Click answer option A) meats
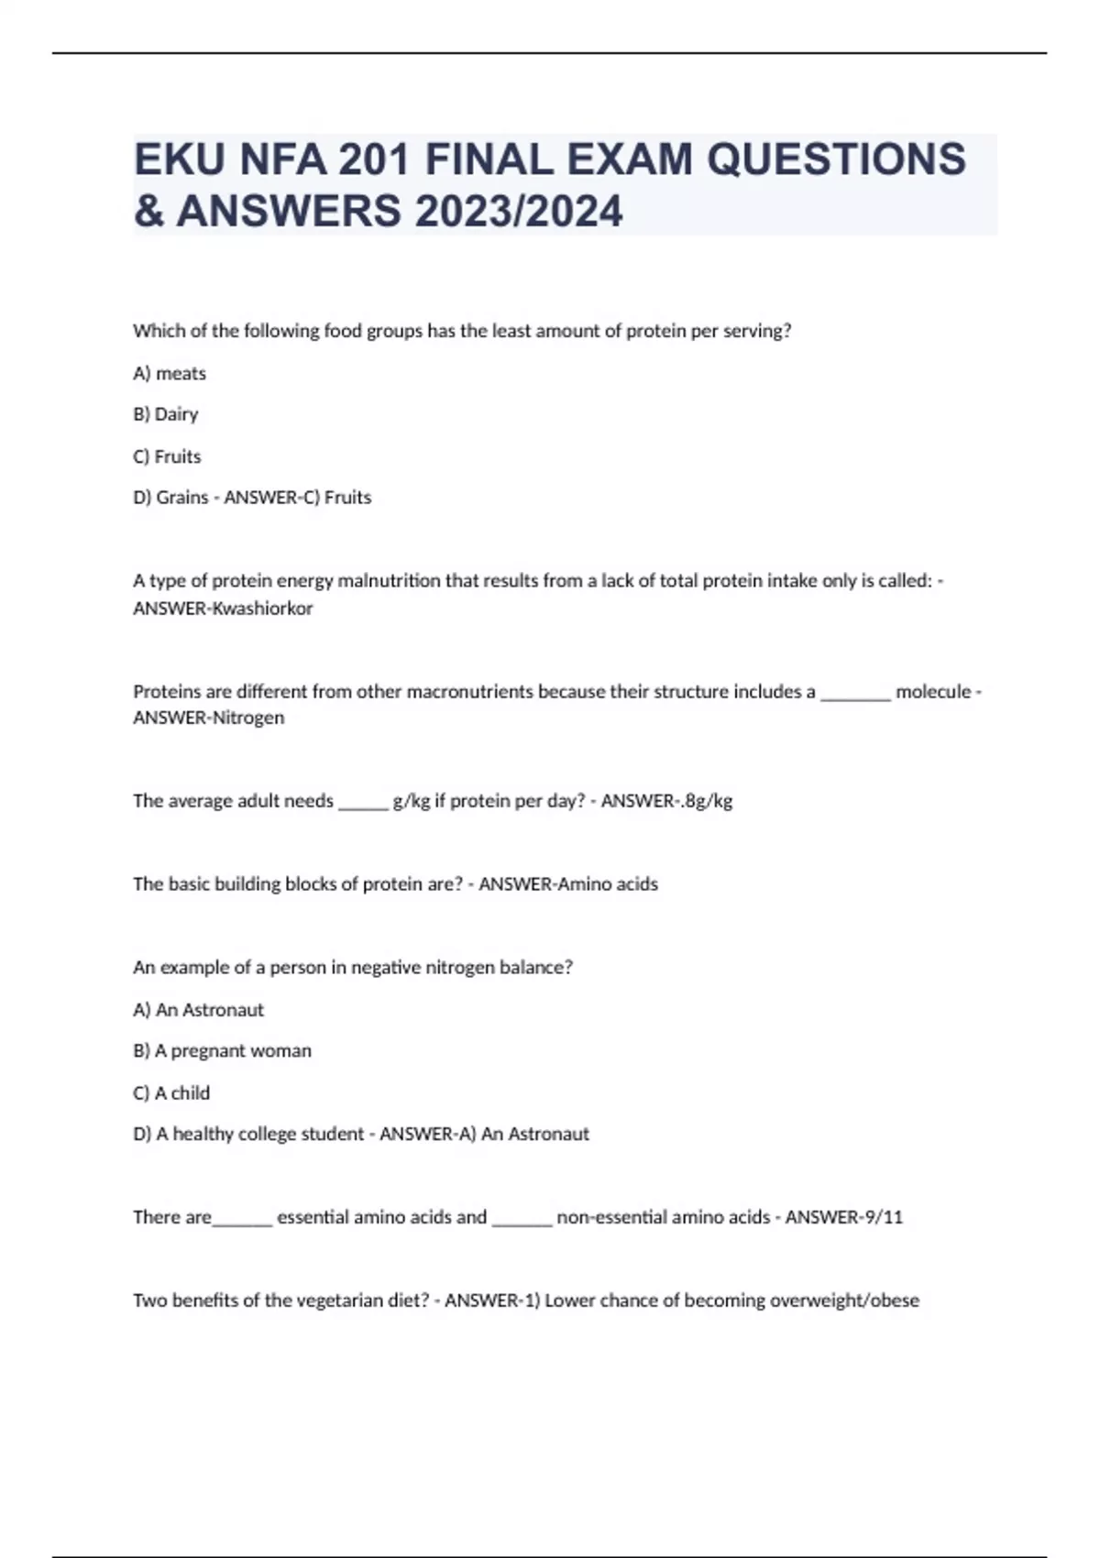click(170, 373)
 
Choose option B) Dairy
click(166, 414)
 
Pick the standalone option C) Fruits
click(167, 456)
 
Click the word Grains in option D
click(182, 498)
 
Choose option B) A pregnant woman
click(223, 1051)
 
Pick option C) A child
click(171, 1093)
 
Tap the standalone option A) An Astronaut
click(198, 1010)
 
